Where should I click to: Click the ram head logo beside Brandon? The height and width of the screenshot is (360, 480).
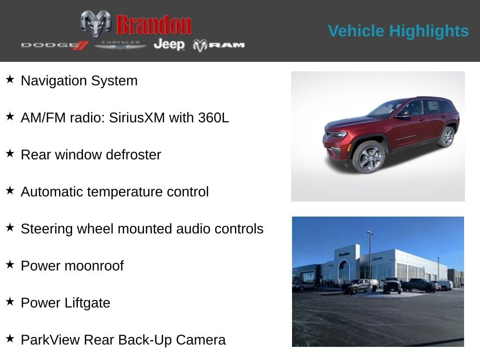click(x=96, y=23)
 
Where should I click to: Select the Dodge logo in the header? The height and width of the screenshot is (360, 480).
click(x=54, y=45)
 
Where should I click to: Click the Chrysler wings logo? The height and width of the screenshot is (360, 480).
click(x=120, y=45)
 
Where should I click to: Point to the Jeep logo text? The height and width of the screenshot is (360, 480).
click(x=169, y=45)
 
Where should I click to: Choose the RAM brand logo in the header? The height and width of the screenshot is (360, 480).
click(x=218, y=45)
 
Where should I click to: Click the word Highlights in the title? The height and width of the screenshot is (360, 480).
click(x=429, y=31)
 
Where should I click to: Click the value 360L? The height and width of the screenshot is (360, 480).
click(x=213, y=118)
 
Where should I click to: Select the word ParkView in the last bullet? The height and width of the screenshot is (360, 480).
click(x=50, y=340)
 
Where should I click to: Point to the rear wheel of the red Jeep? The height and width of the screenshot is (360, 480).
click(x=446, y=137)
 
